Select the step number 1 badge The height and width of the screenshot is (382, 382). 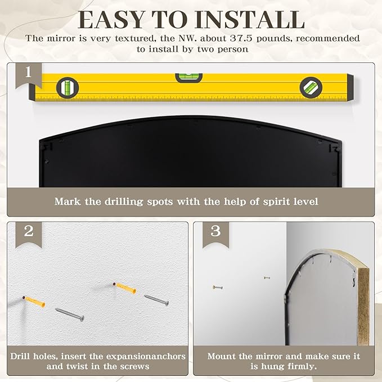coord(29,75)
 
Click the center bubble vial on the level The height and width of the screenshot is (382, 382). coord(189,78)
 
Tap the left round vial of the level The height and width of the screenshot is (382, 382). coord(68,88)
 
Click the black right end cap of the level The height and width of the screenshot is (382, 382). coord(350,87)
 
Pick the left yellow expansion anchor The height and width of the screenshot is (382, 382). coord(34,302)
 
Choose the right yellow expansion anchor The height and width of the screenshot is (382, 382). coord(124,288)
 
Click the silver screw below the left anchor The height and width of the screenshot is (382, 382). coord(70,314)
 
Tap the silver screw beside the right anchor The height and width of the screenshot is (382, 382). coord(156,300)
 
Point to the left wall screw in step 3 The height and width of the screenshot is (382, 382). coord(218,287)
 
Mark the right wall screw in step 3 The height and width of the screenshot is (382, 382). coord(267,277)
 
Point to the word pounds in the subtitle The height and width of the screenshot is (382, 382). coord(274,39)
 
